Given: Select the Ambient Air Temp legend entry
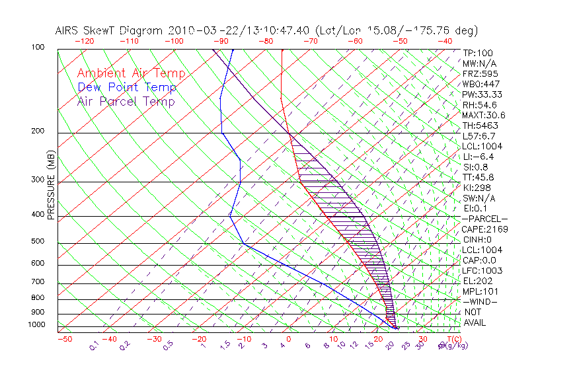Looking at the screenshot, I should [x=131, y=73].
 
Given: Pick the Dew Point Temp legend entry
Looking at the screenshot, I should [x=127, y=87].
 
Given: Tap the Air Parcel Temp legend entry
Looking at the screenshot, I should [x=126, y=101].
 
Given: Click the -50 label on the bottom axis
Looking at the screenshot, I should [x=64, y=339].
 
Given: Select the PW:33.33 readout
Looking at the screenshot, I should [x=482, y=94].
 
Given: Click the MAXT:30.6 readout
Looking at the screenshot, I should [x=484, y=115].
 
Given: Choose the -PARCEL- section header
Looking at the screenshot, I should [x=484, y=219].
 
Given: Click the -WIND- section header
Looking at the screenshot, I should [x=480, y=301].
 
